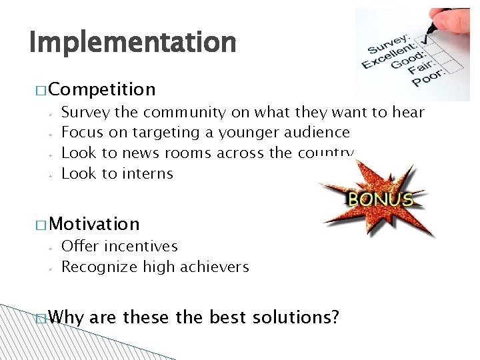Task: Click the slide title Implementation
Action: point(133,43)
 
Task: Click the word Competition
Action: point(102,89)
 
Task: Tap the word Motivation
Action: point(94,224)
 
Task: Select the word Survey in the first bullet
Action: point(84,113)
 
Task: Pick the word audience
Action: point(317,133)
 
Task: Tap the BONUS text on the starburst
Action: point(381,199)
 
